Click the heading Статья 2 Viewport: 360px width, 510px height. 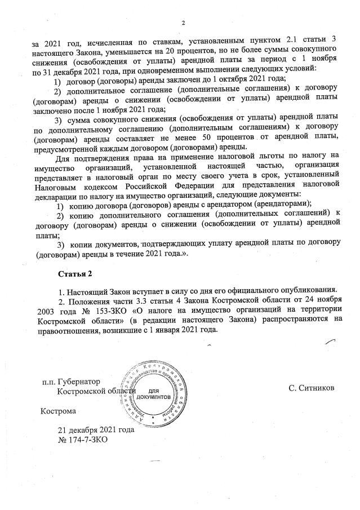point(74,274)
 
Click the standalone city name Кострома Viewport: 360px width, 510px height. point(57,411)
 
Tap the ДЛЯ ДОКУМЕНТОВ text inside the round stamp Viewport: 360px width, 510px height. point(154,393)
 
